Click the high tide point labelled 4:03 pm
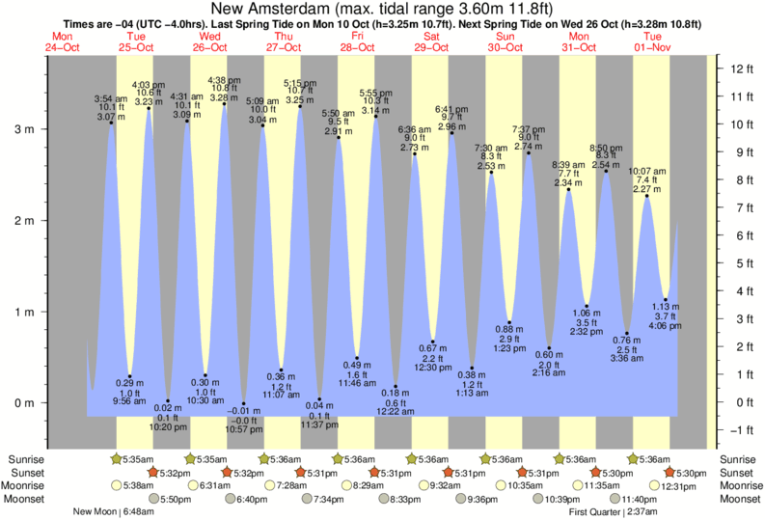point(149,108)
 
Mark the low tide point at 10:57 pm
point(244,403)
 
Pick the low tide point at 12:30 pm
point(433,342)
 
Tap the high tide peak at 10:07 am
point(645,196)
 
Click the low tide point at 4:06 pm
point(666,299)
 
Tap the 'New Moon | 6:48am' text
point(107,511)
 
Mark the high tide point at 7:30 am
point(491,172)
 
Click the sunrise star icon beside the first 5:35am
point(118,458)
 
